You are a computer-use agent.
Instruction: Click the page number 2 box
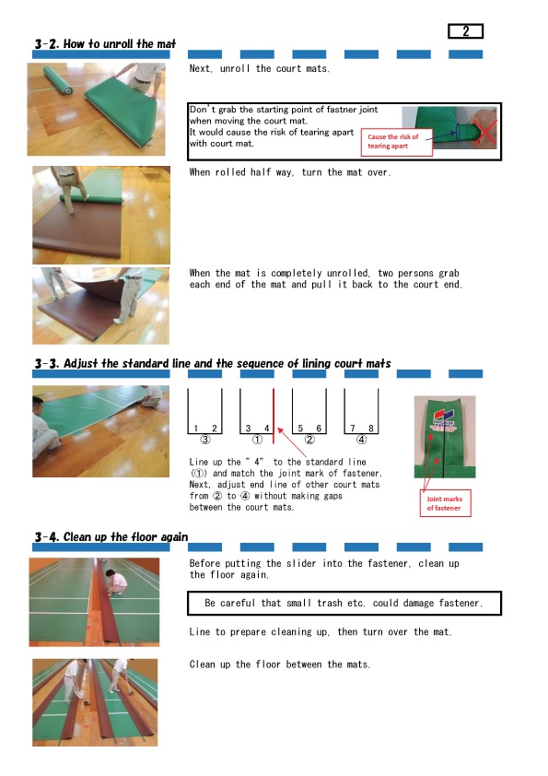click(x=465, y=31)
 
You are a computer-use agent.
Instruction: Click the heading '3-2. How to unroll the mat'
click(x=105, y=44)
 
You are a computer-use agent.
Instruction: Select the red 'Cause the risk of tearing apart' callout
click(x=397, y=143)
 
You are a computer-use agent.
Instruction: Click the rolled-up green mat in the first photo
click(x=58, y=81)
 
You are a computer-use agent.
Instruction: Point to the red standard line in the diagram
click(x=274, y=416)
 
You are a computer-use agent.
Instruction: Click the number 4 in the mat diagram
click(x=266, y=428)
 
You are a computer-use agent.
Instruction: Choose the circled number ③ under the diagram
click(x=204, y=440)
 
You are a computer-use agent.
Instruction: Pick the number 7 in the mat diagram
click(x=353, y=428)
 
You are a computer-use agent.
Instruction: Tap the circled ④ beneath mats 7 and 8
click(x=362, y=440)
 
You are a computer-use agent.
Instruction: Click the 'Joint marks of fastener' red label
click(x=445, y=503)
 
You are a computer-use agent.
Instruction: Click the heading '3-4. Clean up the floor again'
click(x=111, y=537)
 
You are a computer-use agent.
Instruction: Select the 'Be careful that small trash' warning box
click(x=344, y=604)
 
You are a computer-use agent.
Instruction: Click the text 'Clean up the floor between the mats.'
click(x=279, y=664)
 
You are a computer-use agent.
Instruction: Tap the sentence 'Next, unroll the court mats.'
click(x=259, y=69)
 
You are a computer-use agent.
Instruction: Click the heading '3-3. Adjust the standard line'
click(x=213, y=364)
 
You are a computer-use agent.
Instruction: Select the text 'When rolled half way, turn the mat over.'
click(x=290, y=172)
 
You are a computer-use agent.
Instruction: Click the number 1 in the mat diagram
click(x=196, y=428)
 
